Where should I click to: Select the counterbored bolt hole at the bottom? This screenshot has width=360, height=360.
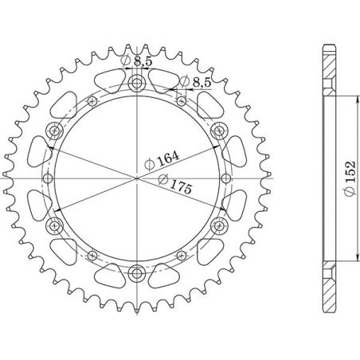[x=137, y=272]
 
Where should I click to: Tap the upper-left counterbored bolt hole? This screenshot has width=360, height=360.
[x=55, y=131]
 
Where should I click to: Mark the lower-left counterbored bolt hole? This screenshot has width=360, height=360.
[x=55, y=225]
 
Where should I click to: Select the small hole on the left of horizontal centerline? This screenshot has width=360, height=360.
[x=48, y=178]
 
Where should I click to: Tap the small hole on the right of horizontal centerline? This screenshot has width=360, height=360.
[x=227, y=178]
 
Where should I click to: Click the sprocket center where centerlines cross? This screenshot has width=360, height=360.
[x=137, y=178]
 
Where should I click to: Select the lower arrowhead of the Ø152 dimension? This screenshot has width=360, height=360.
[x=350, y=268]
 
